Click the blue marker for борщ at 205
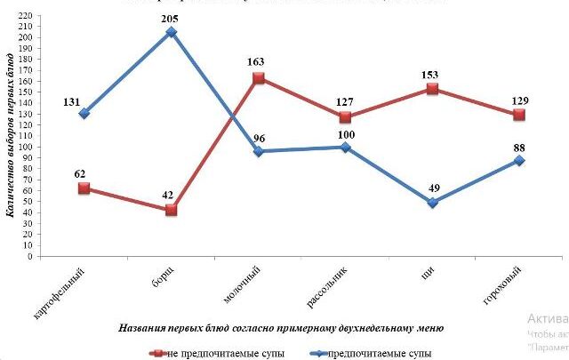tap(171, 32)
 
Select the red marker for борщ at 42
tap(171, 211)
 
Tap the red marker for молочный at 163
tap(258, 78)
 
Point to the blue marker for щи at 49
tap(432, 203)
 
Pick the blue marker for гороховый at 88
tap(519, 160)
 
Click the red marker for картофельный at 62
tap(84, 188)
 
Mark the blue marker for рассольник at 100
tap(345, 147)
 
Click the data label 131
tap(72, 102)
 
